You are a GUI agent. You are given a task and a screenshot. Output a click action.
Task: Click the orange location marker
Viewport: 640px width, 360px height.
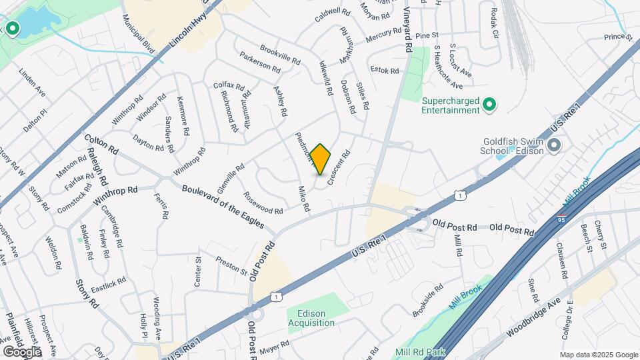321,159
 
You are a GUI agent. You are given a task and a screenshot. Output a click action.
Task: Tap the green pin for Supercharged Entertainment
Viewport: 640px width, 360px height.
489,104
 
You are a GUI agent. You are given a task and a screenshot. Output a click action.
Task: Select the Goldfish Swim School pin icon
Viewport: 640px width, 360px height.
553,145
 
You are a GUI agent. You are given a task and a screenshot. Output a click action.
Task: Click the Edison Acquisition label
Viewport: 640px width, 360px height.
311,318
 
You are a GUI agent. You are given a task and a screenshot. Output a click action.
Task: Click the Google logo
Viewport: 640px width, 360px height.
22,351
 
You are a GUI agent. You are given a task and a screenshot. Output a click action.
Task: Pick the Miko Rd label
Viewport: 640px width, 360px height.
304,199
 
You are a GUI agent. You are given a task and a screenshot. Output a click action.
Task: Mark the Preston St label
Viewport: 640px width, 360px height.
231,266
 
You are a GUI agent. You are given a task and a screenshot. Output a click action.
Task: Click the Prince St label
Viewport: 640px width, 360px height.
618,37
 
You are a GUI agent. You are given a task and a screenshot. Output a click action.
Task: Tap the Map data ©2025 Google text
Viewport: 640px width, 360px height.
599,355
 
